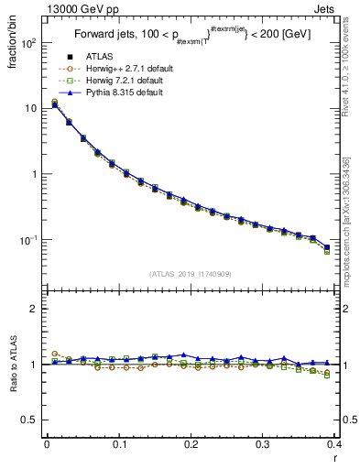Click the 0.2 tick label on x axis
point(191,445)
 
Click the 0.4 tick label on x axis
point(334,445)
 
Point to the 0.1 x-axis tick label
point(118,445)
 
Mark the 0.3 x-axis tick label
point(262,445)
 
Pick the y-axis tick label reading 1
point(37,174)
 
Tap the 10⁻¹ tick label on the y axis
point(29,240)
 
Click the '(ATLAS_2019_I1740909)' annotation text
point(190,273)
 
